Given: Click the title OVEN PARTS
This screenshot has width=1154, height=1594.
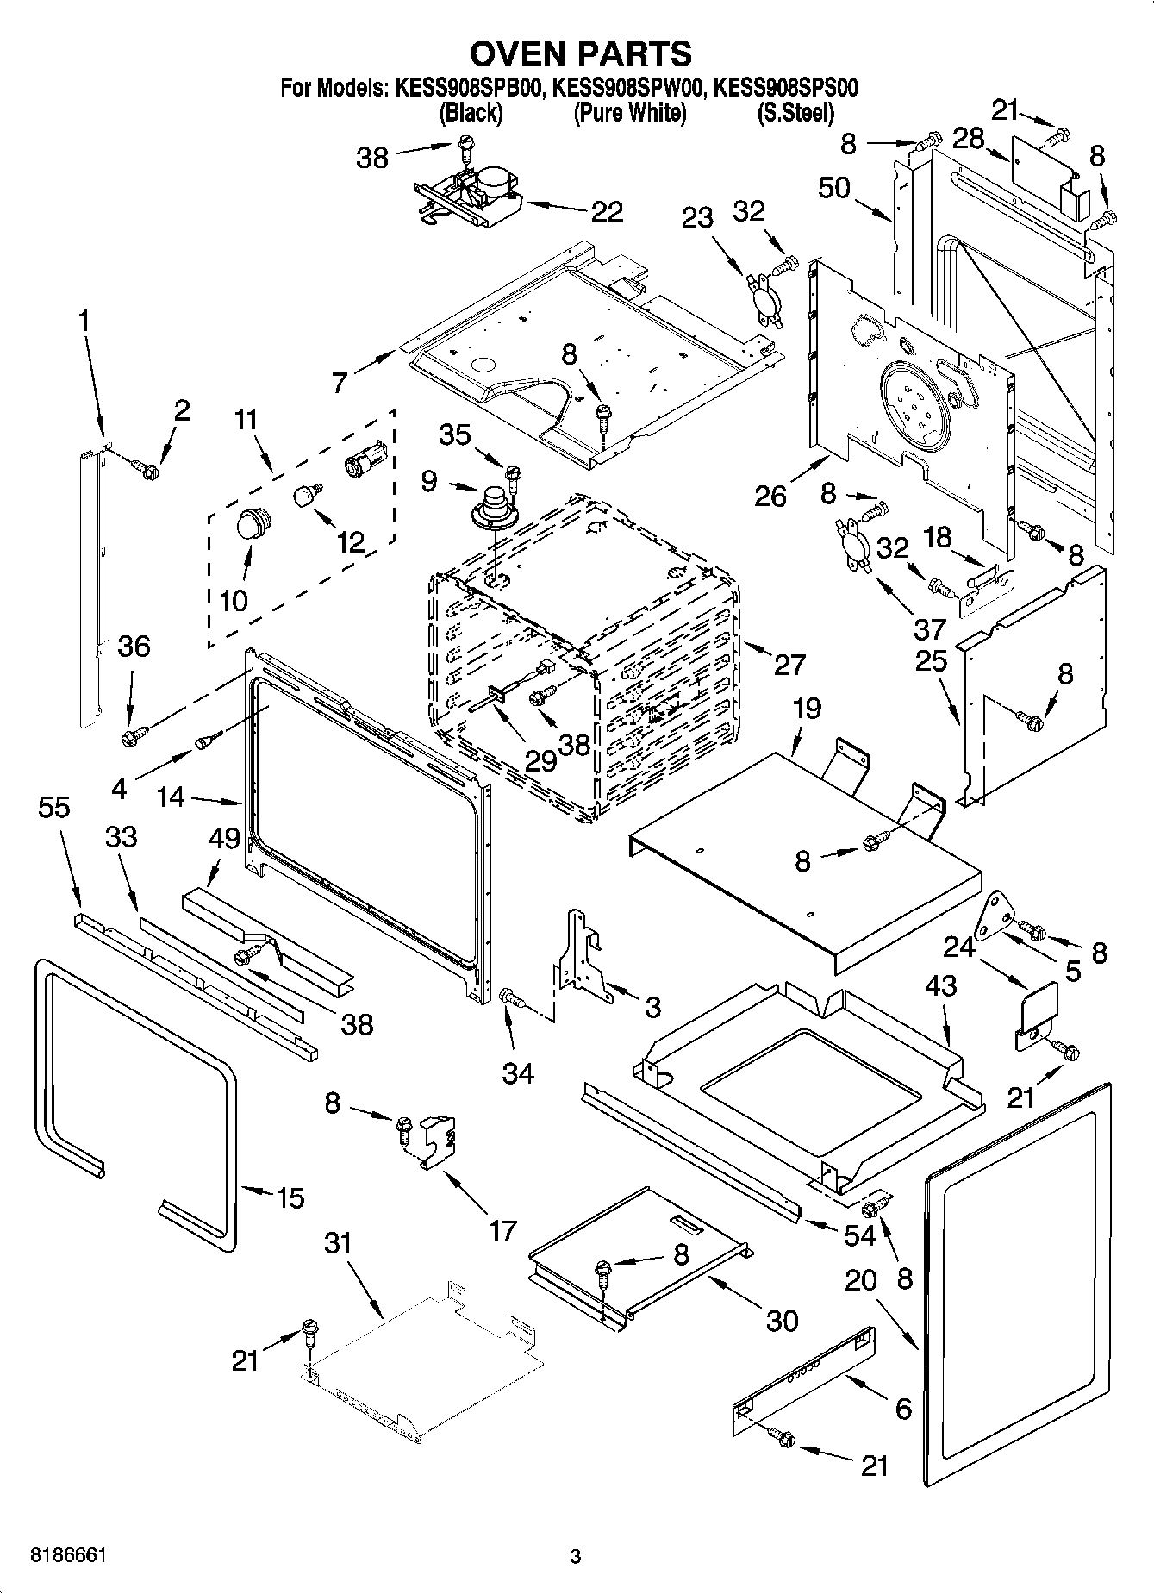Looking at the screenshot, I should (x=580, y=53).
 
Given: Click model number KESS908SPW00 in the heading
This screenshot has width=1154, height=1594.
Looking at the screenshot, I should (x=629, y=88).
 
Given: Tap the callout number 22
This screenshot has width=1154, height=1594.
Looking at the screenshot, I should (x=607, y=212).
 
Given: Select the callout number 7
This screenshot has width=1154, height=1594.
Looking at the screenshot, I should (x=340, y=380).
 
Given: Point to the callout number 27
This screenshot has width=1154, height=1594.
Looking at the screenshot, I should (x=789, y=665).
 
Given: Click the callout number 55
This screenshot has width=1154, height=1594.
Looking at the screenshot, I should (x=54, y=808).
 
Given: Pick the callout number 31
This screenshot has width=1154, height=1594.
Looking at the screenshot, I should (x=339, y=1243).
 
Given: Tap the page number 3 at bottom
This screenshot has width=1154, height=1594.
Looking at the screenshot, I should (x=575, y=1557).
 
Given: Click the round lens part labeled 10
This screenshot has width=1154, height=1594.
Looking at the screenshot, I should (x=253, y=523).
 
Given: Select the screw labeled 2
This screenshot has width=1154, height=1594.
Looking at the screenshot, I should (x=147, y=470).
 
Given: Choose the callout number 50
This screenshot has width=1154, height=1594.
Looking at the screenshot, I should (x=834, y=188).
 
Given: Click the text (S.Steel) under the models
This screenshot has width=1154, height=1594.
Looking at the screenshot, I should (x=795, y=112).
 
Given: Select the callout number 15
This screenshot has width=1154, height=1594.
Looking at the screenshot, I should (x=290, y=1197).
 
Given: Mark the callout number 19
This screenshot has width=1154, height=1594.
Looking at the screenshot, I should (x=807, y=709).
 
